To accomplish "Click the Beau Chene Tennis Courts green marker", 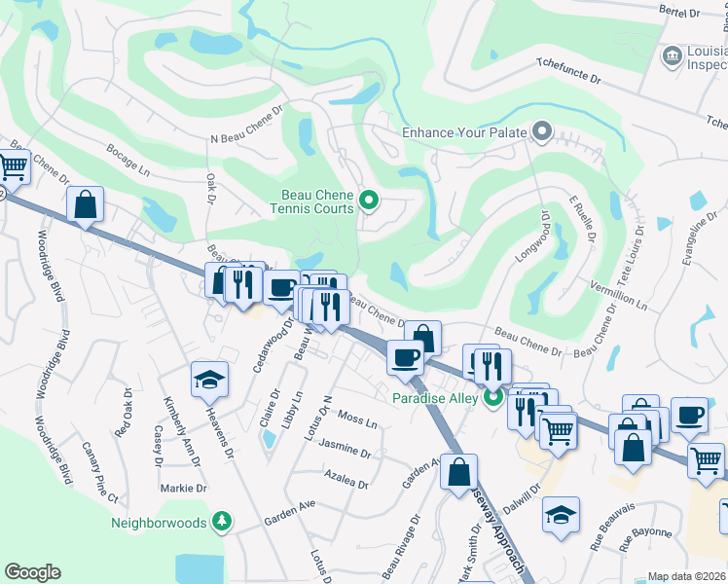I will click(x=369, y=201).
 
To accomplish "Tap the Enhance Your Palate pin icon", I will click(x=542, y=131).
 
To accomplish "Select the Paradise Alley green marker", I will click(x=493, y=397).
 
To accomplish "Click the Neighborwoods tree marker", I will click(x=223, y=523).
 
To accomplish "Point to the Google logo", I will click(x=32, y=572).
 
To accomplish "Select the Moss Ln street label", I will click(x=357, y=420).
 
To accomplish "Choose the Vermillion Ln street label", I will click(x=619, y=293).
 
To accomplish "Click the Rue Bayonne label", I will click(x=644, y=532).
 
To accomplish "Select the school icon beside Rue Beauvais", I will click(x=561, y=513).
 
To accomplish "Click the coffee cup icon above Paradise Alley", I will click(x=405, y=356).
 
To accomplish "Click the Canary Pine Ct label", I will click(x=99, y=472).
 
